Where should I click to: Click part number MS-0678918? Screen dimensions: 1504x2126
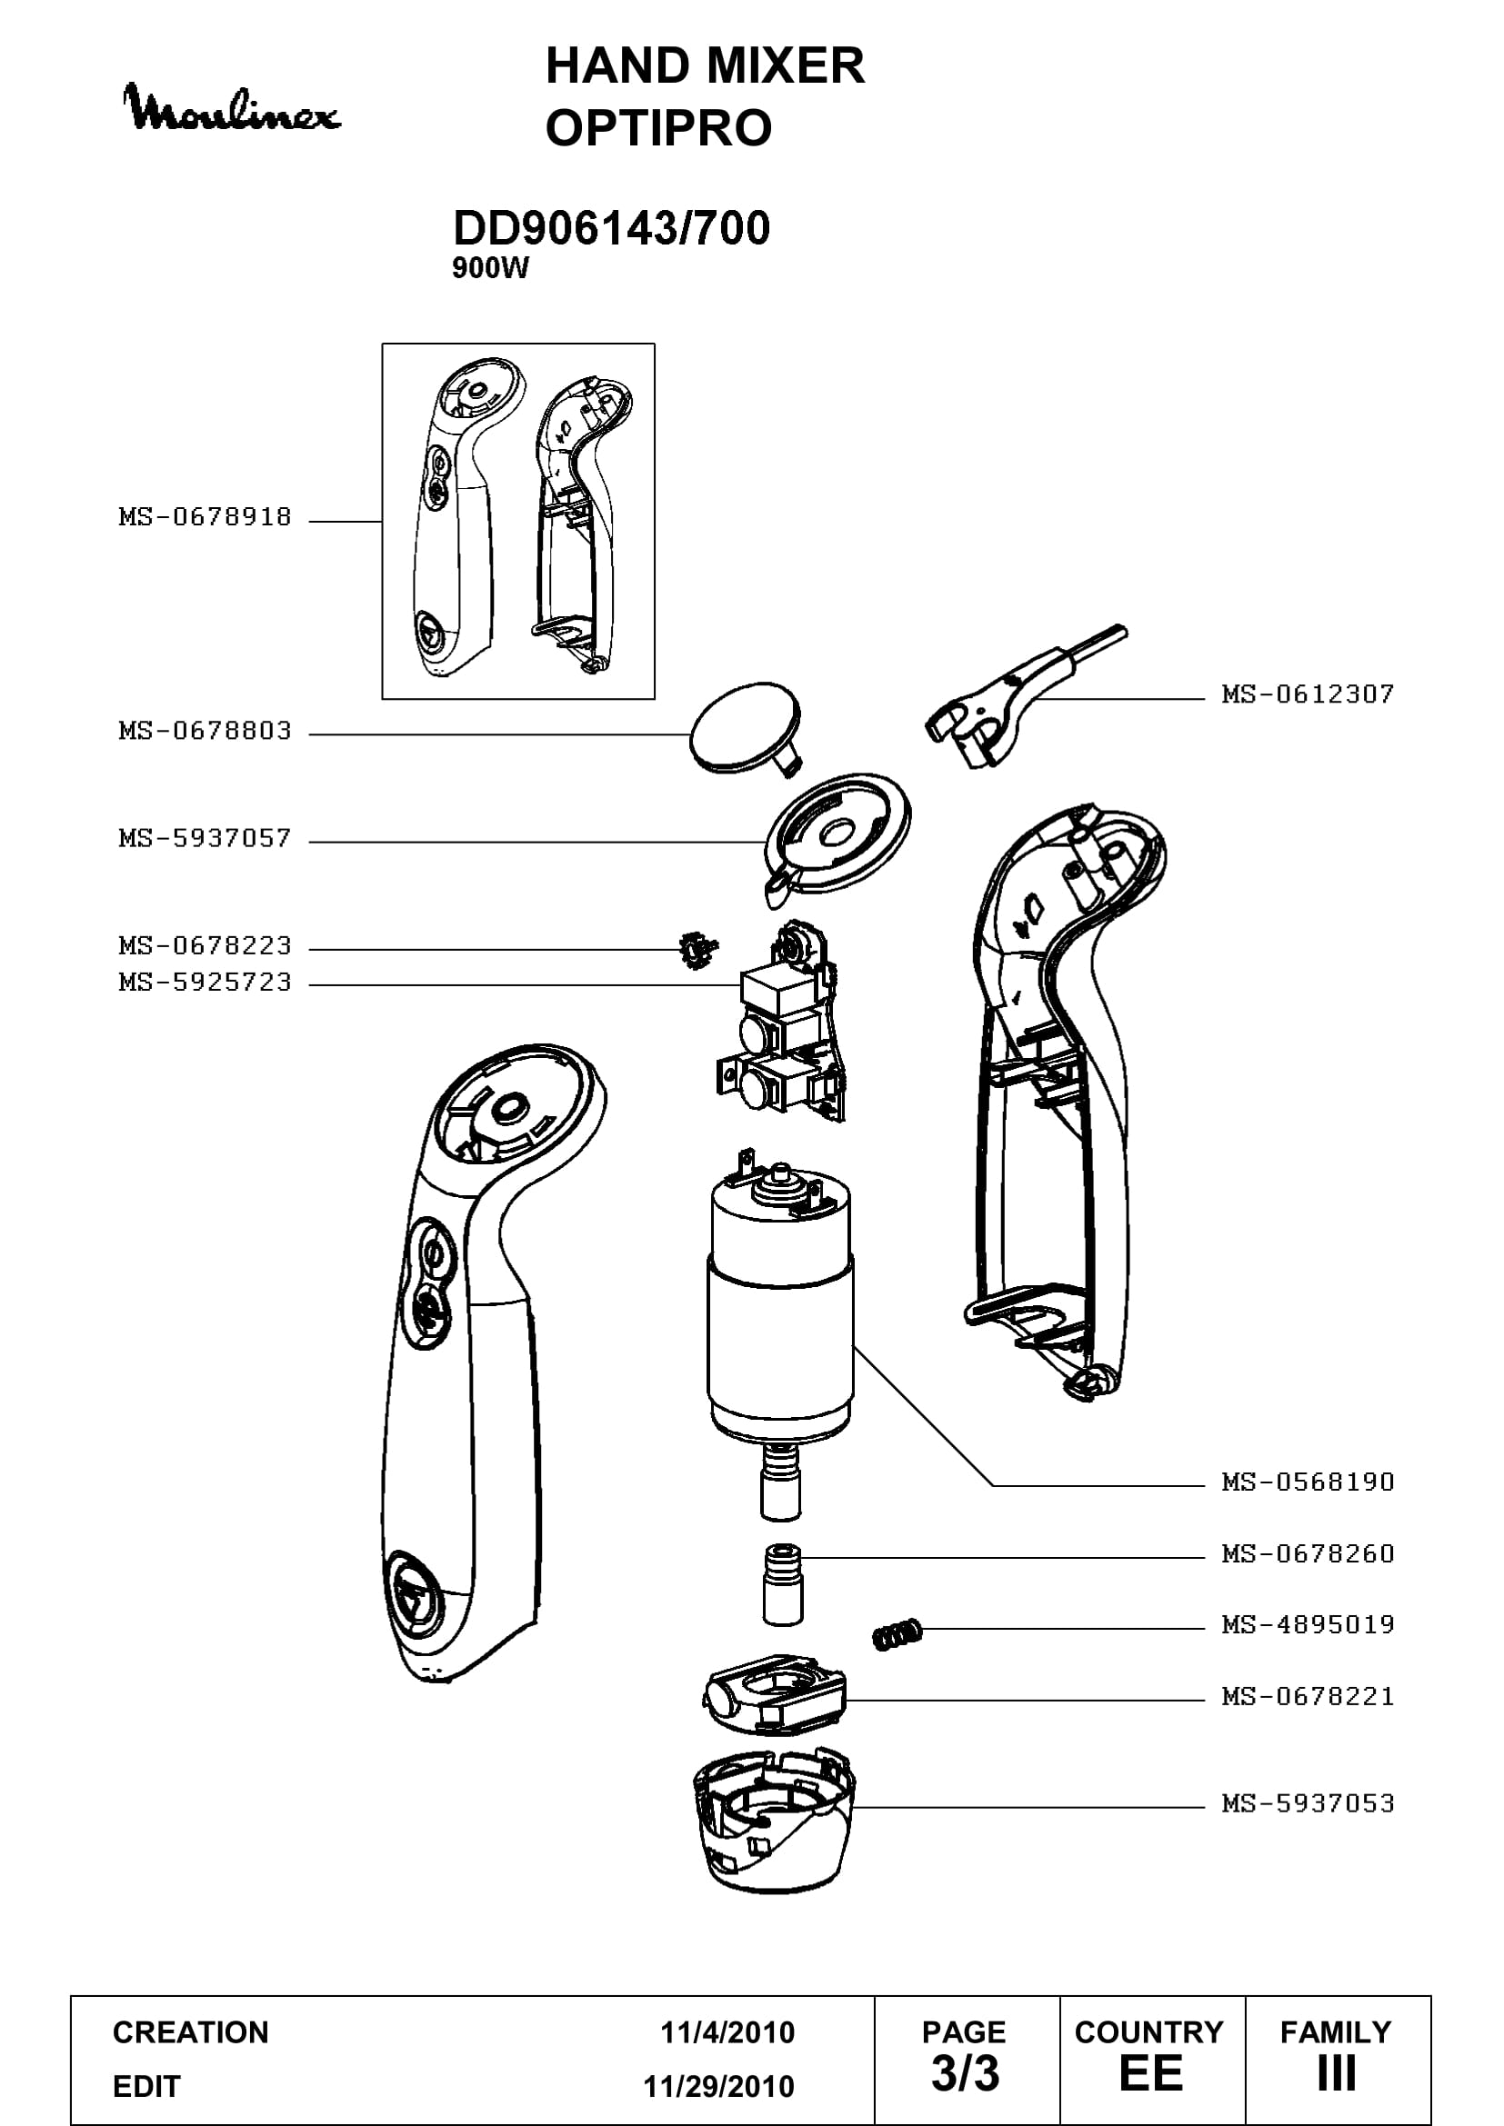point(205,516)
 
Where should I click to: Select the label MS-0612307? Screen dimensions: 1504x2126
point(1307,694)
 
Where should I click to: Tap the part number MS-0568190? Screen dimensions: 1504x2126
point(1307,1482)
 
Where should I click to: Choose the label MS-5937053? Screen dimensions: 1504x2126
point(1307,1802)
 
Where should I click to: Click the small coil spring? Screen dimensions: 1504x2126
point(897,1634)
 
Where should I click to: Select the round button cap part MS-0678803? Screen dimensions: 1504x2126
point(746,729)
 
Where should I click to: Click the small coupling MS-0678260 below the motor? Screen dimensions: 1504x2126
point(783,1584)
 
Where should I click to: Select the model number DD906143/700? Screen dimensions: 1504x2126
point(611,228)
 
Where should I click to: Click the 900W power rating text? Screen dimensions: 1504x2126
point(490,268)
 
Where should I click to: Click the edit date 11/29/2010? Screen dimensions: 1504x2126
point(718,2086)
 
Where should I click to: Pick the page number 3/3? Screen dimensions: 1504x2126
point(965,2073)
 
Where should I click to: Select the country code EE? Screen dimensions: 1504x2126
point(1151,2073)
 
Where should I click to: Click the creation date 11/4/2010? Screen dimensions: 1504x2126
point(727,2032)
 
